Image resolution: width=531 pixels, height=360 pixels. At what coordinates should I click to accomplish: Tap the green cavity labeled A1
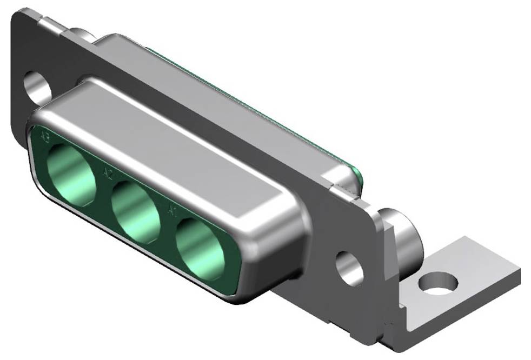click(201, 248)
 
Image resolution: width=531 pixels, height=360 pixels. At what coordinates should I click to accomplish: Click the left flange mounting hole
click(37, 86)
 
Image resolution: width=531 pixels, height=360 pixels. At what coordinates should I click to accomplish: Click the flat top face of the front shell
click(178, 141)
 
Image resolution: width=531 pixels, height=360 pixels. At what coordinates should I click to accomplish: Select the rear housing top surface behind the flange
click(216, 81)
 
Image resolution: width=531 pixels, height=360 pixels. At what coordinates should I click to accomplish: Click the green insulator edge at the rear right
click(357, 176)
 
